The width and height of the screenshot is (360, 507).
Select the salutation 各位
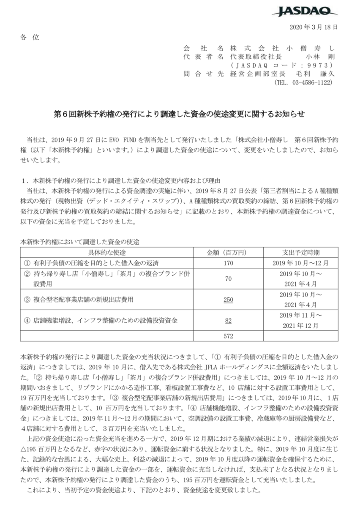tap(29, 37)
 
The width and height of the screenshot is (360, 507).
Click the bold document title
tap(180, 114)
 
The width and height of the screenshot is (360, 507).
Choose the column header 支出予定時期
tap(300, 253)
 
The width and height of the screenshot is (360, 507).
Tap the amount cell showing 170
tap(228, 262)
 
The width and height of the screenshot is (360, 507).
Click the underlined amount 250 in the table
tap(228, 300)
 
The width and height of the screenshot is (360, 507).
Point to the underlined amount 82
tap(228, 321)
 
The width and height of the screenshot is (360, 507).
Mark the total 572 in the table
tap(228, 336)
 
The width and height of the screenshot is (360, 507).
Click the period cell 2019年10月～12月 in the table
tap(300, 262)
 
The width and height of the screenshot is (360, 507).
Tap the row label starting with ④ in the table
tap(100, 321)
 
